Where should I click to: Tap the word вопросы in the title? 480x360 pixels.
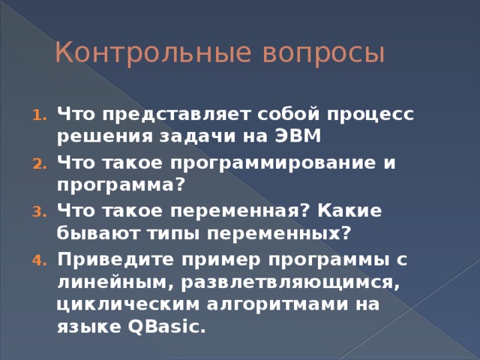[323, 54]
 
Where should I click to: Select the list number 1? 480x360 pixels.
[40, 116]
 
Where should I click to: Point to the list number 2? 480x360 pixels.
[40, 163]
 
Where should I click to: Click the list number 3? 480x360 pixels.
[40, 211]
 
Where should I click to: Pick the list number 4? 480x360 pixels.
[40, 259]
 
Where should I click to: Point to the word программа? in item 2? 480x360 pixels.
[121, 184]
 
